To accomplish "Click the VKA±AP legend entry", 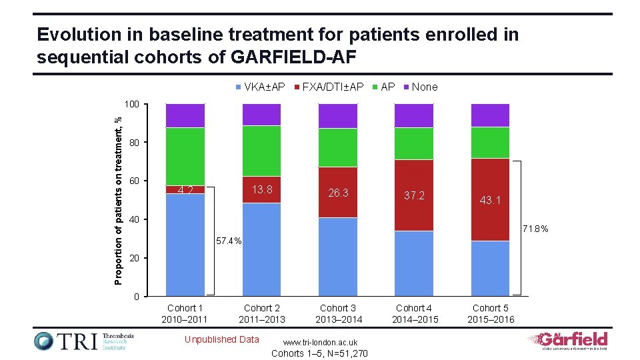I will (x=261, y=87).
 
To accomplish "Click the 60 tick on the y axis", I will (x=134, y=181).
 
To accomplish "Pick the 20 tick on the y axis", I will (x=134, y=258).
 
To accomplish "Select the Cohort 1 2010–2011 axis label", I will (x=185, y=314).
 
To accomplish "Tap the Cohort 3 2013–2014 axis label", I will (x=338, y=314).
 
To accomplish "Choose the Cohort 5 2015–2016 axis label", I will (x=491, y=314).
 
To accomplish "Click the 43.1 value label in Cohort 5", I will (x=491, y=200).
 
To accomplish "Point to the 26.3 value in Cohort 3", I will (x=338, y=193).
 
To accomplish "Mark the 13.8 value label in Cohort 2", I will (x=262, y=189).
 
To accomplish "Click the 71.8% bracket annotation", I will (x=535, y=229).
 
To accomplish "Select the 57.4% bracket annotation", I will (x=228, y=241).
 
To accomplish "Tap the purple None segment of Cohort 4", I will (x=414, y=115).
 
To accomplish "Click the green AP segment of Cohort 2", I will (x=261, y=151).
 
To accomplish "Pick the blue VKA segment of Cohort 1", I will (x=185, y=244).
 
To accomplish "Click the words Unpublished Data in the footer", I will (x=221, y=339).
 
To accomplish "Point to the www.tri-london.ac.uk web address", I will (x=321, y=342).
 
